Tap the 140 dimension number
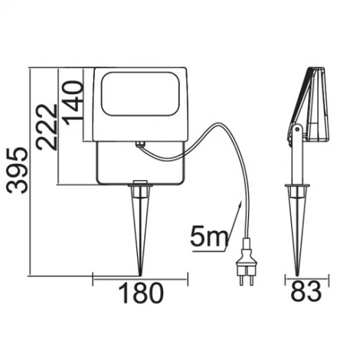74,98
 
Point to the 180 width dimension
140,293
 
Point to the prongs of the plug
247,279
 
